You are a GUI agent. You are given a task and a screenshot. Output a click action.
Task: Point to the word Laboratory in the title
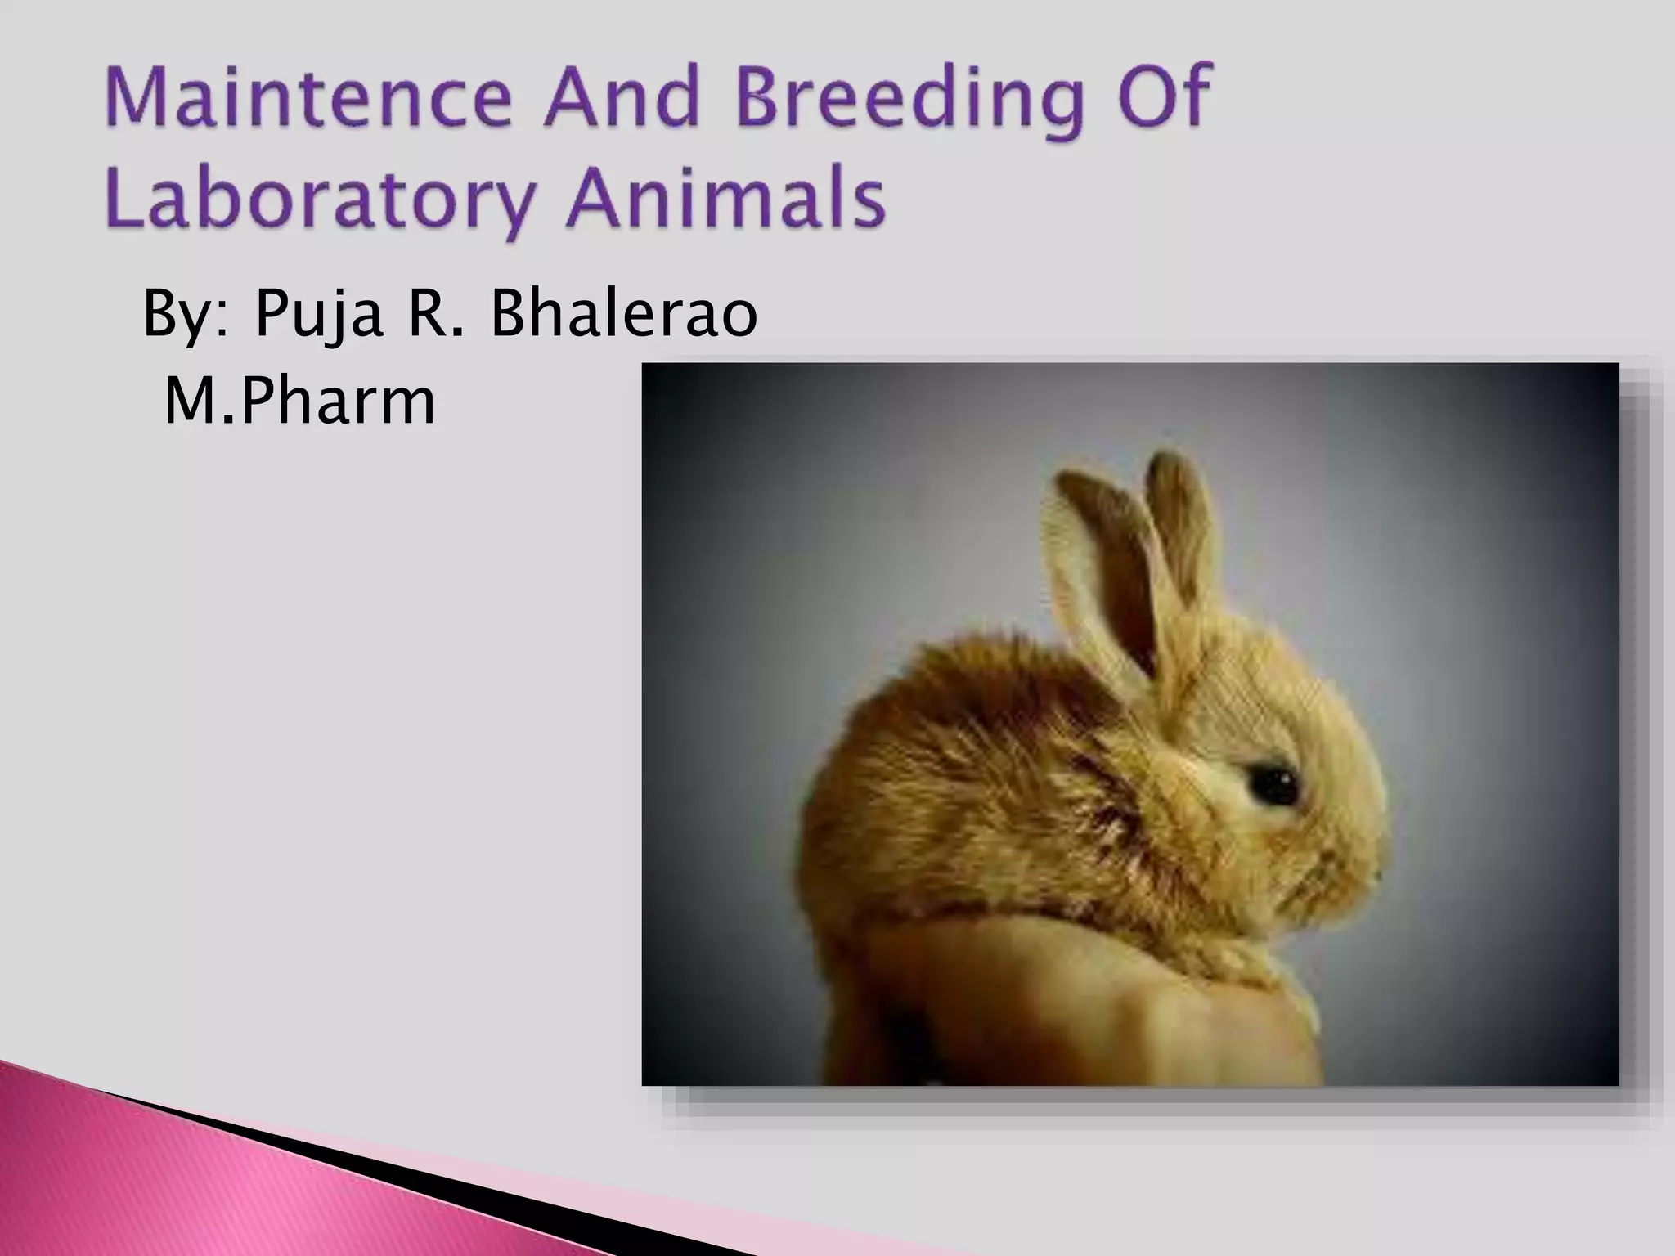(x=319, y=200)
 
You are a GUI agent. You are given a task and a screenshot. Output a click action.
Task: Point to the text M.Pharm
(x=299, y=401)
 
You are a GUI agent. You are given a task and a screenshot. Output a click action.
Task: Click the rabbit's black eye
(x=1272, y=783)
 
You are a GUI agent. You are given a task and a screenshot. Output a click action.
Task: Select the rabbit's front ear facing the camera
(x=1092, y=564)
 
